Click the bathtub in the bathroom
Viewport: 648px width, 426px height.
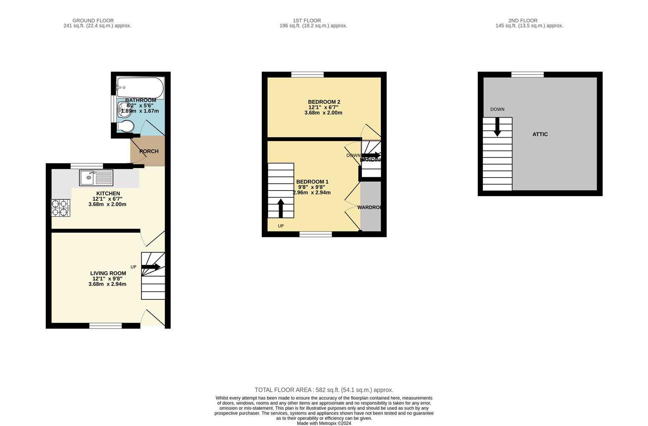[140, 88]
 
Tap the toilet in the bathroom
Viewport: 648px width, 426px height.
[126, 127]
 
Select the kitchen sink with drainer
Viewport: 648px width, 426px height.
[96, 177]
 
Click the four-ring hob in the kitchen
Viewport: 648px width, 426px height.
[61, 208]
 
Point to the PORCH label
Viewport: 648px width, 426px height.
[149, 151]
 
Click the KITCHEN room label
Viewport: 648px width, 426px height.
[108, 193]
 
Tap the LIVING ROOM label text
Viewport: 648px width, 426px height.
[108, 273]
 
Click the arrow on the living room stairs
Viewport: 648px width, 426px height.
[151, 267]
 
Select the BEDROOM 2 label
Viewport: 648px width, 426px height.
[324, 102]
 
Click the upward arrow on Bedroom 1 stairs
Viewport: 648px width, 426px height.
[281, 208]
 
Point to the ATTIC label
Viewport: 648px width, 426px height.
[540, 134]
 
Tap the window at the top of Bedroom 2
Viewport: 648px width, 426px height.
[307, 75]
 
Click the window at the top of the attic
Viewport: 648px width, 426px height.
[527, 75]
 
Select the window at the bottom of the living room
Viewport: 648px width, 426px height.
[105, 325]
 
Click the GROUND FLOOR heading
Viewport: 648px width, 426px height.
[93, 21]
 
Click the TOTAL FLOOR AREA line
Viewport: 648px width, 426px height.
[324, 390]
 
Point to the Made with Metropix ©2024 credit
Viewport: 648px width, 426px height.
[324, 423]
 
